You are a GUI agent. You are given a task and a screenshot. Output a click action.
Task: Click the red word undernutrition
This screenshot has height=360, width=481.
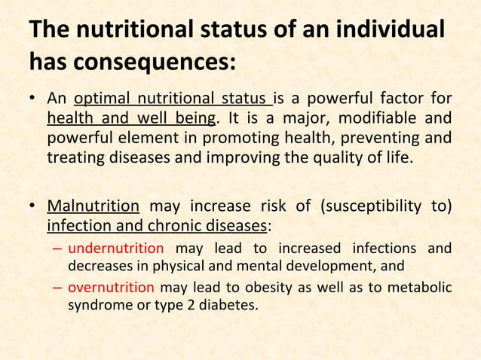coord(115,248)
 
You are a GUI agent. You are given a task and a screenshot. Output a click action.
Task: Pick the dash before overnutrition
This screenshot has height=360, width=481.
coord(58,287)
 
